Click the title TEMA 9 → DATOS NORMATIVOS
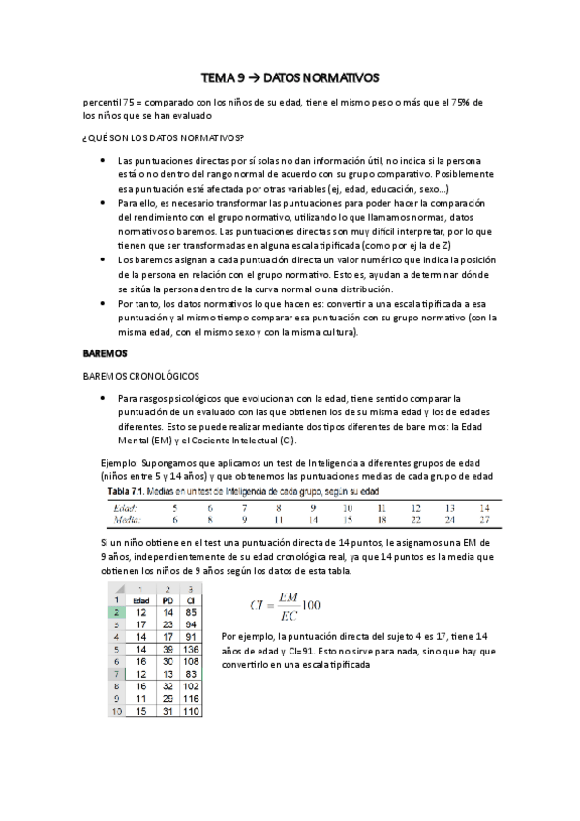pos(290,76)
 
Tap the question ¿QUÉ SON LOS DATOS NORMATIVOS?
pos(164,137)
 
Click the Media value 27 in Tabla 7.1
pos(484,519)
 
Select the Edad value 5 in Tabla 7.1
pos(174,507)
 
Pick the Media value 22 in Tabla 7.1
pos(415,519)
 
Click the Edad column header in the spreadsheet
pos(140,599)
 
